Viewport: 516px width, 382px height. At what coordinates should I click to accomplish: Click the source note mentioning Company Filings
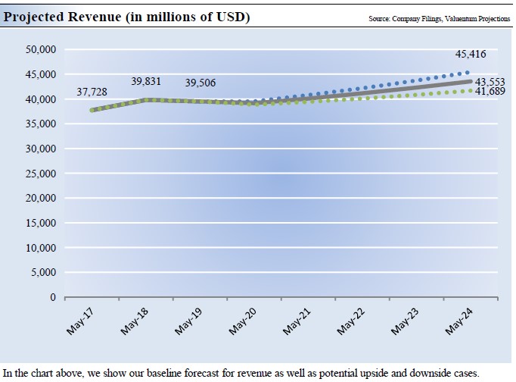point(439,17)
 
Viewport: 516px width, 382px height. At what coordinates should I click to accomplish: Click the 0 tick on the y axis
point(52,297)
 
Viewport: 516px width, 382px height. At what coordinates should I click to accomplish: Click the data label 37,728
point(91,92)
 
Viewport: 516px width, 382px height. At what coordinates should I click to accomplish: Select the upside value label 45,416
point(471,55)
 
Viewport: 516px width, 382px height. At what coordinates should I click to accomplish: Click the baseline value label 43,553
point(490,81)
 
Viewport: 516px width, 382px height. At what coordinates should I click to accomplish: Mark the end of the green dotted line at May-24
point(471,91)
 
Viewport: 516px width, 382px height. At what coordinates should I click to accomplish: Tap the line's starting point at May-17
point(92,110)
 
